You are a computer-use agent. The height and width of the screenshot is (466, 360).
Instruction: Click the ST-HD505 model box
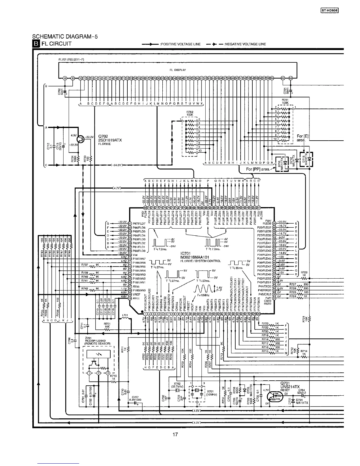click(329, 11)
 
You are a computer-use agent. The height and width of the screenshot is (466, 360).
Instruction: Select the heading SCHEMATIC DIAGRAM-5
click(65, 37)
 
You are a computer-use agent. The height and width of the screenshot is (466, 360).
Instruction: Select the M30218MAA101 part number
click(194, 257)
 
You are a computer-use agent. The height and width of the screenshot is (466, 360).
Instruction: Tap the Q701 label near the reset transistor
click(286, 383)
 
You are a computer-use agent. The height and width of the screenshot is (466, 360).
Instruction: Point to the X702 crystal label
click(177, 384)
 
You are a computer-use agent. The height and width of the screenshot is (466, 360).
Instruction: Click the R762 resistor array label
click(190, 112)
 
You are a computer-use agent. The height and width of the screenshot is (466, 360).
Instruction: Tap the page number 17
click(175, 434)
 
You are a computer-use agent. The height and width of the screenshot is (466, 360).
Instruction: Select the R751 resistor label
click(107, 324)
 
